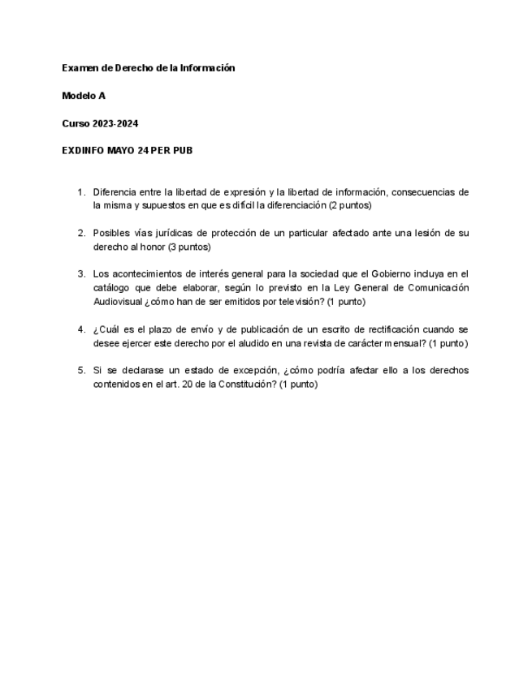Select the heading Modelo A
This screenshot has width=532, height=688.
tap(84, 96)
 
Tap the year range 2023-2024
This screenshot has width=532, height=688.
tap(115, 123)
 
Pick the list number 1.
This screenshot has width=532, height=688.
tap(80, 192)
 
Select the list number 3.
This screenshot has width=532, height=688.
tap(80, 274)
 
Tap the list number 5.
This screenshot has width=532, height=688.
tap(80, 370)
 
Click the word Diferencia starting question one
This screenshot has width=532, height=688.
tap(115, 192)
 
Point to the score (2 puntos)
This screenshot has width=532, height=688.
tap(350, 206)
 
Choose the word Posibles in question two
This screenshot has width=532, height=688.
tap(111, 233)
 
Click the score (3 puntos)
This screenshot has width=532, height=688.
tap(189, 247)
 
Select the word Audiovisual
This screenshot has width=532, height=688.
tap(118, 302)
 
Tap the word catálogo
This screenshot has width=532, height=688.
tap(112, 288)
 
